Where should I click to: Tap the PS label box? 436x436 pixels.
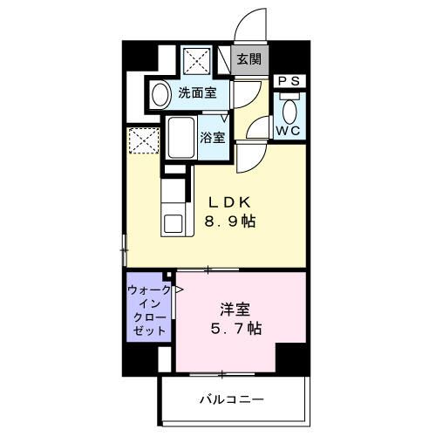(x=289, y=81)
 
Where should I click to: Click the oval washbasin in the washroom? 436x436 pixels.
(x=161, y=93)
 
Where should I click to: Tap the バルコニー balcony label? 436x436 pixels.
(x=231, y=399)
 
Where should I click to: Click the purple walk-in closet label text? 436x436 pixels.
(x=148, y=311)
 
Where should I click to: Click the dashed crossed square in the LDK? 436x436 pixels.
(x=141, y=140)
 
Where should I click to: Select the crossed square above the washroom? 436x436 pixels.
(x=194, y=60)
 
